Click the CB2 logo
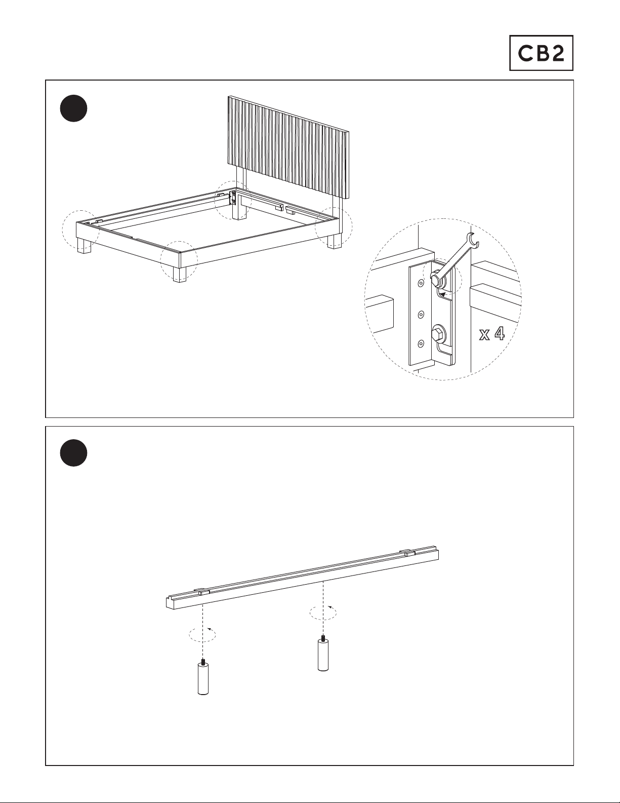[x=541, y=53]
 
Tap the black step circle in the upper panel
[x=74, y=108]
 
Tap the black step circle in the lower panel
[x=74, y=453]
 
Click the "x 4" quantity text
[x=492, y=334]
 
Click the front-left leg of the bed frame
[x=84, y=246]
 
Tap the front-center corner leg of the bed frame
[x=180, y=274]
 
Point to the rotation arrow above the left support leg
[x=202, y=635]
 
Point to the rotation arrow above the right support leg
[x=323, y=613]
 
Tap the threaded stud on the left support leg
[x=202, y=661]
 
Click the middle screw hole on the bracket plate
[x=421, y=315]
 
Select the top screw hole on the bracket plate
[x=421, y=283]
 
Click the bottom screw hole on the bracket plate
[x=421, y=345]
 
